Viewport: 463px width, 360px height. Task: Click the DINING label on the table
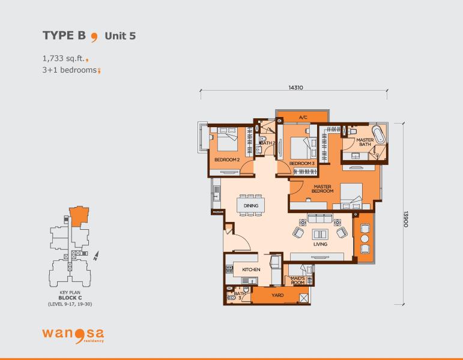[251, 206]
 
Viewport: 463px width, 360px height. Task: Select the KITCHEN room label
[251, 269]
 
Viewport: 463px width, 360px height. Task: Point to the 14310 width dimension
[295, 88]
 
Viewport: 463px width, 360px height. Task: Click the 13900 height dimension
[406, 219]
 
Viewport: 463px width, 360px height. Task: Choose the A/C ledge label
[303, 118]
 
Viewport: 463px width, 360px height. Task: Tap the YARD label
[277, 295]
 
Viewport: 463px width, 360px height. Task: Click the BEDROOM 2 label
[227, 160]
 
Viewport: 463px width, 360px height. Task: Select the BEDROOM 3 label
[302, 163]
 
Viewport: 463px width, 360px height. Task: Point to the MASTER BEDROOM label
[322, 189]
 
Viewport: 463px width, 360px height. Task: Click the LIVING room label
[321, 244]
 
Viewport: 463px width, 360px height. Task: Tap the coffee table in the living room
[320, 234]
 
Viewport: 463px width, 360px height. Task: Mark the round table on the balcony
[365, 238]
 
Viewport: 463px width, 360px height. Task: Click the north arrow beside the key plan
[96, 256]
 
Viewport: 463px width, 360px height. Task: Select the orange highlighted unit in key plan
[79, 217]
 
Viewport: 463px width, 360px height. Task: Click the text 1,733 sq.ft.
[64, 58]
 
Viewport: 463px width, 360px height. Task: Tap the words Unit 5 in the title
[120, 36]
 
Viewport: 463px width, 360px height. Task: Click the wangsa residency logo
[73, 335]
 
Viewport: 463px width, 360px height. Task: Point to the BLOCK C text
[70, 298]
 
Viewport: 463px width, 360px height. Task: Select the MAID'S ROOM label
[297, 280]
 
